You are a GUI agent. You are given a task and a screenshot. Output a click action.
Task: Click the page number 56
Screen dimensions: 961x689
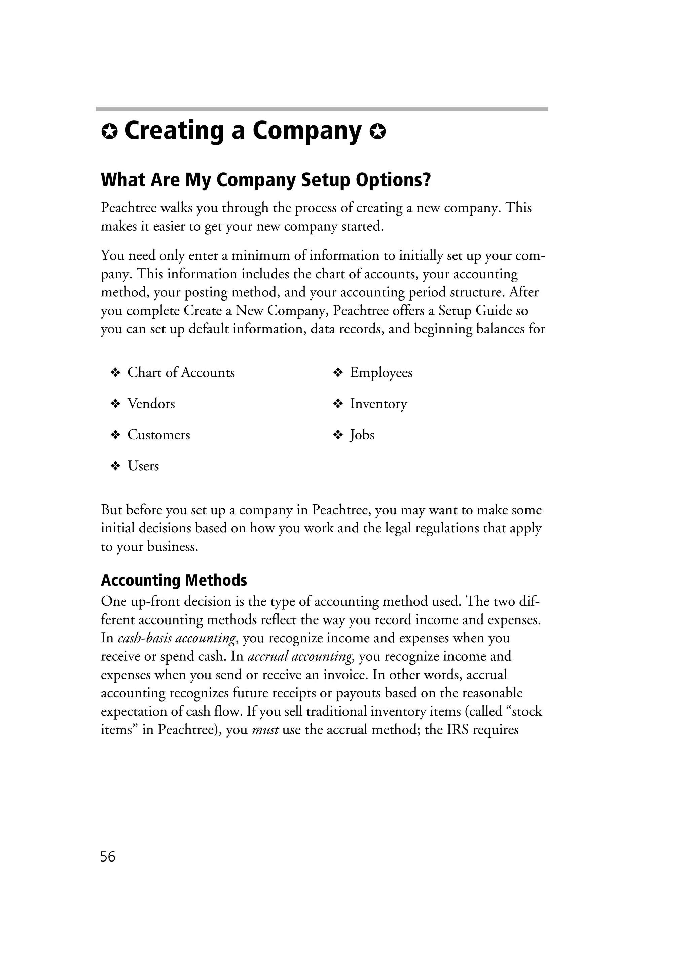click(x=108, y=857)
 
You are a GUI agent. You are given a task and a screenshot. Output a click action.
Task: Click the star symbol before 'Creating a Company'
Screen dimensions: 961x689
click(x=109, y=133)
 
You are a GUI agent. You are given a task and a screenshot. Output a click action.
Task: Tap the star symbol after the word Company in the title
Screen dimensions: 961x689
click(x=377, y=133)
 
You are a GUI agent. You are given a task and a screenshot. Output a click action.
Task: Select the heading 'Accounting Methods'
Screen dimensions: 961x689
click(x=174, y=580)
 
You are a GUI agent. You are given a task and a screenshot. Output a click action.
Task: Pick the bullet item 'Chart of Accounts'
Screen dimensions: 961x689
click(x=181, y=373)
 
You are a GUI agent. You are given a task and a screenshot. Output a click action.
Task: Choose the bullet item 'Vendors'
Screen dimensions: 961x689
click(x=151, y=404)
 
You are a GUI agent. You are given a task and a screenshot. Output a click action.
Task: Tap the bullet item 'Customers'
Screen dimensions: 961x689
click(x=158, y=435)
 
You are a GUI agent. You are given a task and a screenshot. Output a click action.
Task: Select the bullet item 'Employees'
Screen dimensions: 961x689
click(x=381, y=373)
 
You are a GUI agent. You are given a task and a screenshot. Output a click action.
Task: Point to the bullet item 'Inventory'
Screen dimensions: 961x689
click(x=378, y=404)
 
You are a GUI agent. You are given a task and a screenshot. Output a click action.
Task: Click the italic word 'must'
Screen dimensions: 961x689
click(x=265, y=730)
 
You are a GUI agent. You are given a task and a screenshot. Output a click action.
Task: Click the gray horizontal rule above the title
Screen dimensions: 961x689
click(x=322, y=109)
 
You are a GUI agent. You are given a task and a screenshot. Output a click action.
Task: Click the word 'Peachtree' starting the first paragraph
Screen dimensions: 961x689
click(x=129, y=208)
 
